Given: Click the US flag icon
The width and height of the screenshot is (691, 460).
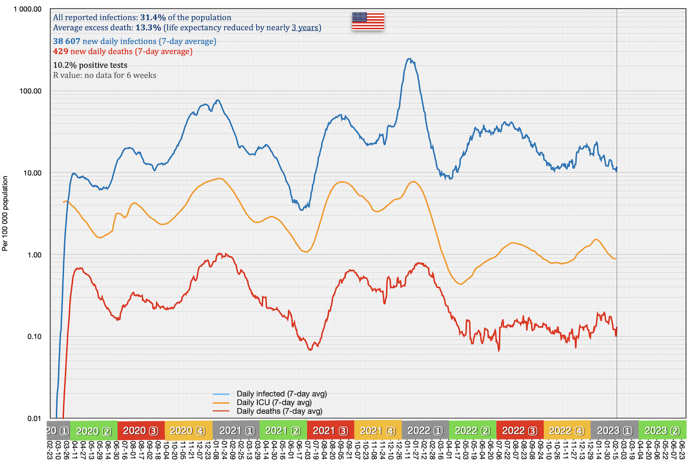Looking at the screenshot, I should coord(368,21).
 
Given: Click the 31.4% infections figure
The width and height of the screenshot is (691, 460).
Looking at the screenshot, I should coord(153,18).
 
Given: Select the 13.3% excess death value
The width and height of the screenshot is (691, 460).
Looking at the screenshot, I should coord(148,28).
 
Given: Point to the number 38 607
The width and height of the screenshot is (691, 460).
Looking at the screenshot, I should coord(66,41).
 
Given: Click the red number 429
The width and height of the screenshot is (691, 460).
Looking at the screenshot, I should coord(61,51).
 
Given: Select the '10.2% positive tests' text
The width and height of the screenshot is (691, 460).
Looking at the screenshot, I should coord(90,65).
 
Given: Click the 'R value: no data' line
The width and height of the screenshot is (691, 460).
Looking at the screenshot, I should coord(104,75).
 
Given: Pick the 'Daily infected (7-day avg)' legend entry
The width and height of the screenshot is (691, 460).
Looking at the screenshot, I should coord(281,394).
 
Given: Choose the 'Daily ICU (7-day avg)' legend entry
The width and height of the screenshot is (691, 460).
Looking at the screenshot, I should coord(274,402).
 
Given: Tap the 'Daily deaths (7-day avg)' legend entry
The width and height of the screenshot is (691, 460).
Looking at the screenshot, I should coord(279,411).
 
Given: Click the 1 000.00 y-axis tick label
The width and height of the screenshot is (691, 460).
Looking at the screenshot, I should coord(28,9).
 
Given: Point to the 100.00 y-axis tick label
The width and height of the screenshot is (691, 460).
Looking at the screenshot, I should coord(30,91).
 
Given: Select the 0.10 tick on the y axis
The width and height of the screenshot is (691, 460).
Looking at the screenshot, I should coord(34,337).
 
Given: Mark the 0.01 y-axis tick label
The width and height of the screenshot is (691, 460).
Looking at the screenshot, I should coord(34,418).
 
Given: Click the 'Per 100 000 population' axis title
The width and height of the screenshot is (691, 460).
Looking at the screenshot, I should coord(5,214).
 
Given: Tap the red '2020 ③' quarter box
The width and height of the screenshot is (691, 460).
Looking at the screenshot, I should coord(141,431).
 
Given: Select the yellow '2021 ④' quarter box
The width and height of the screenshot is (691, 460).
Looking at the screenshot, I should coord(378,431).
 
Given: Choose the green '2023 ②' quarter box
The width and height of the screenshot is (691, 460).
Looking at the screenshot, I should coord(662,431).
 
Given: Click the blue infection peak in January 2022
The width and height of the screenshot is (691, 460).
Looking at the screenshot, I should coord(409,59).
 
